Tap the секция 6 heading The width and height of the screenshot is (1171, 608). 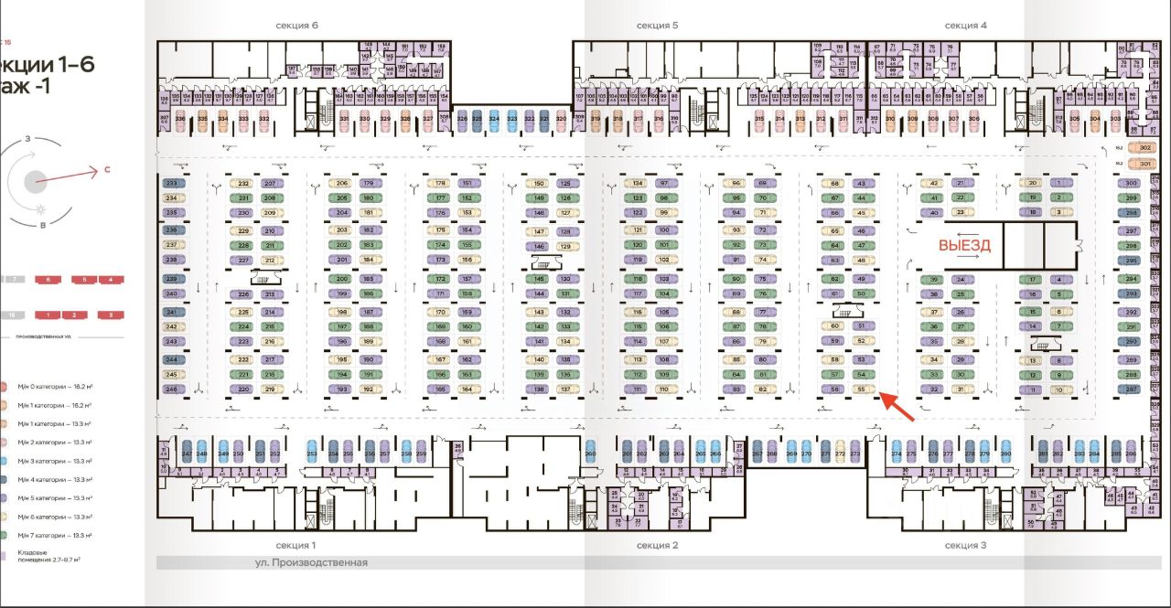click(x=296, y=26)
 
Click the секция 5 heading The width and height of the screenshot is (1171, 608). click(x=657, y=26)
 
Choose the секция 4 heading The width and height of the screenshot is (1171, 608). click(x=965, y=26)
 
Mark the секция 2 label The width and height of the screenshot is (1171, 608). click(x=657, y=545)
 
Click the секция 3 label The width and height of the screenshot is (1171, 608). click(x=965, y=545)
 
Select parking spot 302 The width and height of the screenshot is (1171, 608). click(x=1144, y=148)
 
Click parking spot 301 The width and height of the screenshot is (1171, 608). click(x=1144, y=165)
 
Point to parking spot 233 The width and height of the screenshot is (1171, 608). click(x=171, y=184)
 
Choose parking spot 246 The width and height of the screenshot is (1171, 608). click(x=171, y=389)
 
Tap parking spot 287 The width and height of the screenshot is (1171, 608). click(x=1131, y=389)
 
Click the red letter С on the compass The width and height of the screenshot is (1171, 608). click(x=107, y=169)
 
